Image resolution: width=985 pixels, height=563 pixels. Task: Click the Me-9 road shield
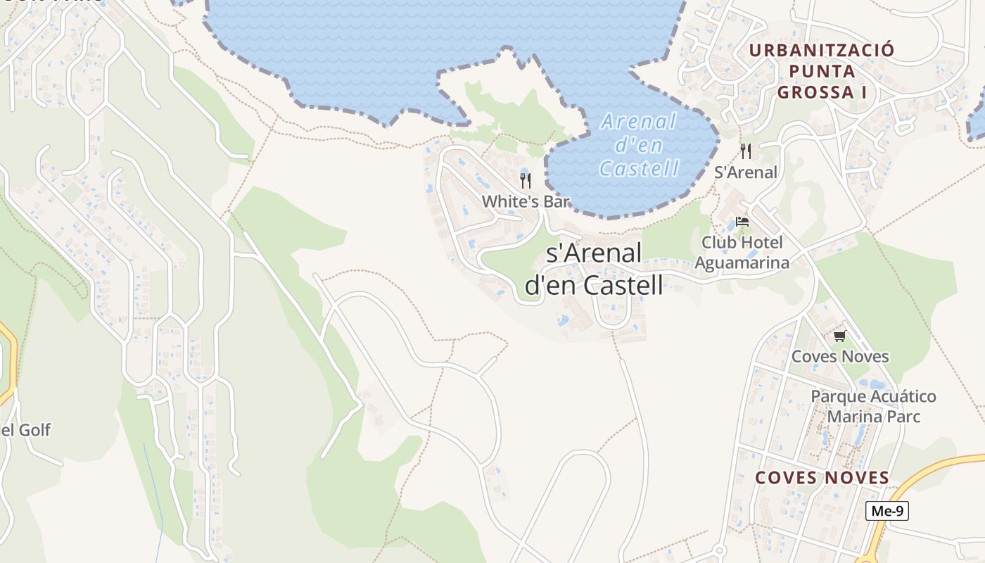point(887,511)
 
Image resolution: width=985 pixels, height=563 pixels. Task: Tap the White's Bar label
point(525,201)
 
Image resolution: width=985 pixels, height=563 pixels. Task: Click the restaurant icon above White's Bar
point(525,180)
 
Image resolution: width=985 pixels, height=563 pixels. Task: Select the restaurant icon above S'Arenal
point(746,151)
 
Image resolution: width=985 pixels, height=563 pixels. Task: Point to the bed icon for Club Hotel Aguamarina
point(742,222)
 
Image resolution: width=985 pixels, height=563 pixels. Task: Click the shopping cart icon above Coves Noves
point(839,336)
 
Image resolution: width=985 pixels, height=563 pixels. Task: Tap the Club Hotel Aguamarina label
point(742,253)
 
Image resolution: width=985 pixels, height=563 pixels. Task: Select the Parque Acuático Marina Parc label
point(873,406)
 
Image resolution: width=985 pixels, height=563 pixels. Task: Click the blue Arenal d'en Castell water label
point(639,145)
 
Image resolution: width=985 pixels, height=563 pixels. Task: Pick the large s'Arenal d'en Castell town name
point(594,269)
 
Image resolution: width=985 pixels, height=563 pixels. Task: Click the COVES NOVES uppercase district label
point(822,478)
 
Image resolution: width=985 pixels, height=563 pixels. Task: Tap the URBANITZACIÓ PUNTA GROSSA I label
point(821,71)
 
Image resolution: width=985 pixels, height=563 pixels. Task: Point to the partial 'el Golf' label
point(26,430)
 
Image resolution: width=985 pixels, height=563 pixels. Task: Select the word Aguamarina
point(742,262)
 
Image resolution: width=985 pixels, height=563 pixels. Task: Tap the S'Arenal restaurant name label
point(746,172)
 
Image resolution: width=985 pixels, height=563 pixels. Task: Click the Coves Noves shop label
point(840,356)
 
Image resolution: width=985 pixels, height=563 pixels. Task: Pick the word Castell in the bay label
point(639,168)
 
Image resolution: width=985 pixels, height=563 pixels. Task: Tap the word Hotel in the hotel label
point(761,243)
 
